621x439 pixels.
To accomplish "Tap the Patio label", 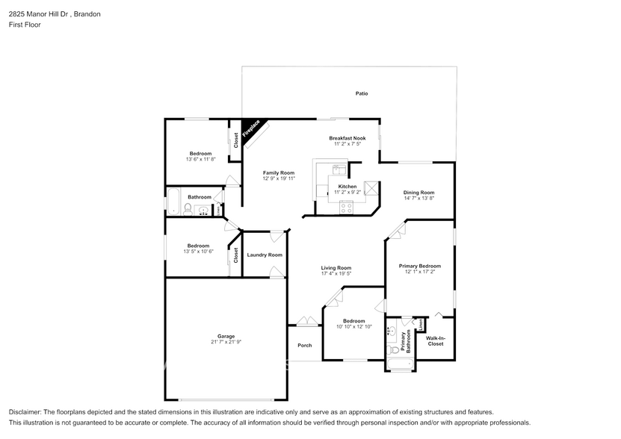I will coord(362,93).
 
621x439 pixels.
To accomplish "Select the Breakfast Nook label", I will coord(347,138).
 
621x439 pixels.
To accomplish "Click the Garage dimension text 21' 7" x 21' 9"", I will coord(225,342).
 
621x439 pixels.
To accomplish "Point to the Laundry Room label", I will coord(265,255).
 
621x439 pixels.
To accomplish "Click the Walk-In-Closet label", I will coord(435,341).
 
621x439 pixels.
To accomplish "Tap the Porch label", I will coord(305,345).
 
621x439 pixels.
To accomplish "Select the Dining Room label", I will coord(418,192).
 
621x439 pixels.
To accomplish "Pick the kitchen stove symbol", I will coord(346,208).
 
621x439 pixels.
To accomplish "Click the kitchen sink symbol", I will coord(339,169).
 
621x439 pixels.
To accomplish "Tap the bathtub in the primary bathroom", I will coord(401,365).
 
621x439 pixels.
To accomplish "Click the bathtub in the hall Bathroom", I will coord(171,202).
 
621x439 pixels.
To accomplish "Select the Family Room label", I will coord(278,172).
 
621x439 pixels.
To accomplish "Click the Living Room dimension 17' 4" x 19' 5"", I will coord(336,274).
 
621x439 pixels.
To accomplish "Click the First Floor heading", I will coord(25,25).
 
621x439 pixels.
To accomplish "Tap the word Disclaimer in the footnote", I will coord(27,412).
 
